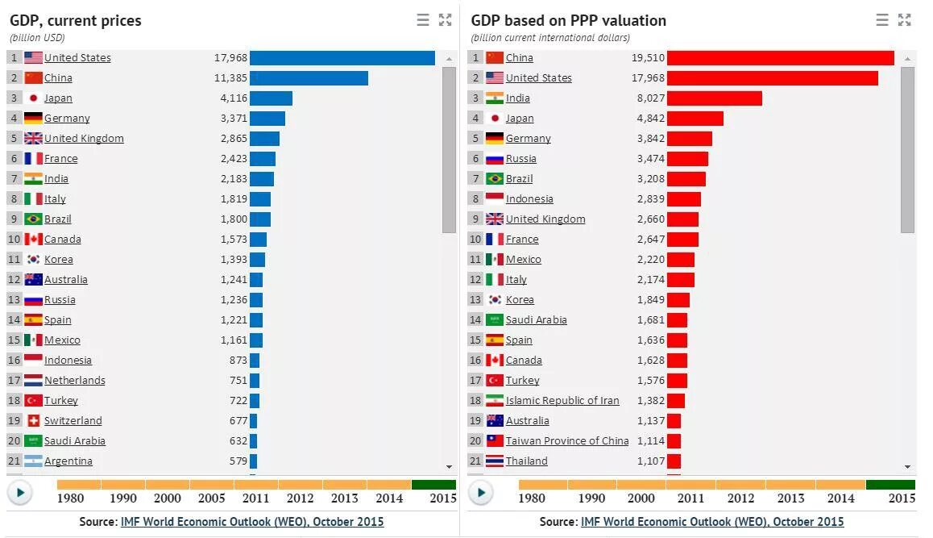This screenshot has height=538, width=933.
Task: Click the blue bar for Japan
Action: [271, 98]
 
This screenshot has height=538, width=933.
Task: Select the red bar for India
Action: [714, 98]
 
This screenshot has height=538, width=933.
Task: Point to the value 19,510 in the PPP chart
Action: [649, 58]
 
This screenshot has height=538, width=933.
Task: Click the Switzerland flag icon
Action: [33, 421]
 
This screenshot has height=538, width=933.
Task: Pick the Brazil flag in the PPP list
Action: [495, 179]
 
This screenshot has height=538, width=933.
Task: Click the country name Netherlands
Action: [75, 381]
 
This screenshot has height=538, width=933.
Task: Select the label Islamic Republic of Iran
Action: [562, 401]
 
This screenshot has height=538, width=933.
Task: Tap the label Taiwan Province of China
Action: [566, 441]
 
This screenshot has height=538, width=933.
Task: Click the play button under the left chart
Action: [20, 492]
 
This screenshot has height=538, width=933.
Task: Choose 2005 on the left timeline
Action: [212, 498]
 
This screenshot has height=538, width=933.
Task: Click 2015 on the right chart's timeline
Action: [902, 498]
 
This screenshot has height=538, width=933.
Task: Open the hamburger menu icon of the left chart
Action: [423, 20]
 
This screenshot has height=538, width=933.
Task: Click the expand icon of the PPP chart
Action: [905, 20]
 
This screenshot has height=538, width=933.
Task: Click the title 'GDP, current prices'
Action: [76, 21]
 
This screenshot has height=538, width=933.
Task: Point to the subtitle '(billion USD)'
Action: [37, 38]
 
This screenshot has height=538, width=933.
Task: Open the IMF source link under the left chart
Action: [252, 522]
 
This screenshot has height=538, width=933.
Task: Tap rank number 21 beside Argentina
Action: [14, 461]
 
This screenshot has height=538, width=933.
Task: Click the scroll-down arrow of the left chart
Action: [449, 466]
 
